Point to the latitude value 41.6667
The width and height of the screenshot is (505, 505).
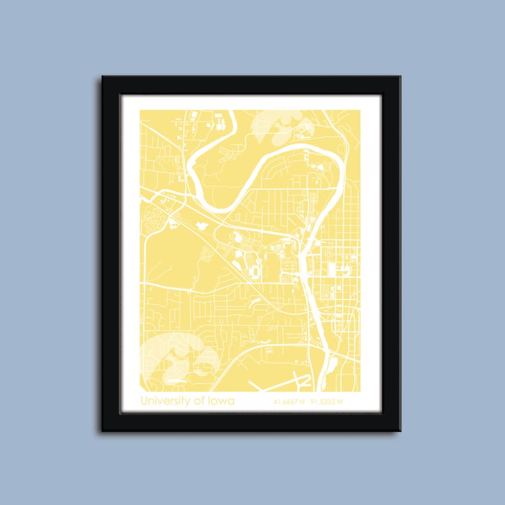pos(286,402)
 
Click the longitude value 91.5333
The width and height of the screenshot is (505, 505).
pos(322,402)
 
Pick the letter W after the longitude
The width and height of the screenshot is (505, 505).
pos(340,402)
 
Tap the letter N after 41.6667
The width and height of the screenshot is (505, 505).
pos(302,402)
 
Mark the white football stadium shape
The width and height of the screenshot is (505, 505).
pos(254,272)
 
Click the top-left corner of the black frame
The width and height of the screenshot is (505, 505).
pos(102,77)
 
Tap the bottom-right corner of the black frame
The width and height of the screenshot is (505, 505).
pos(400,431)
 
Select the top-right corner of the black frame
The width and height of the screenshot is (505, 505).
pos(400,77)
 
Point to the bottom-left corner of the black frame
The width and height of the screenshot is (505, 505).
pos(102,431)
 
